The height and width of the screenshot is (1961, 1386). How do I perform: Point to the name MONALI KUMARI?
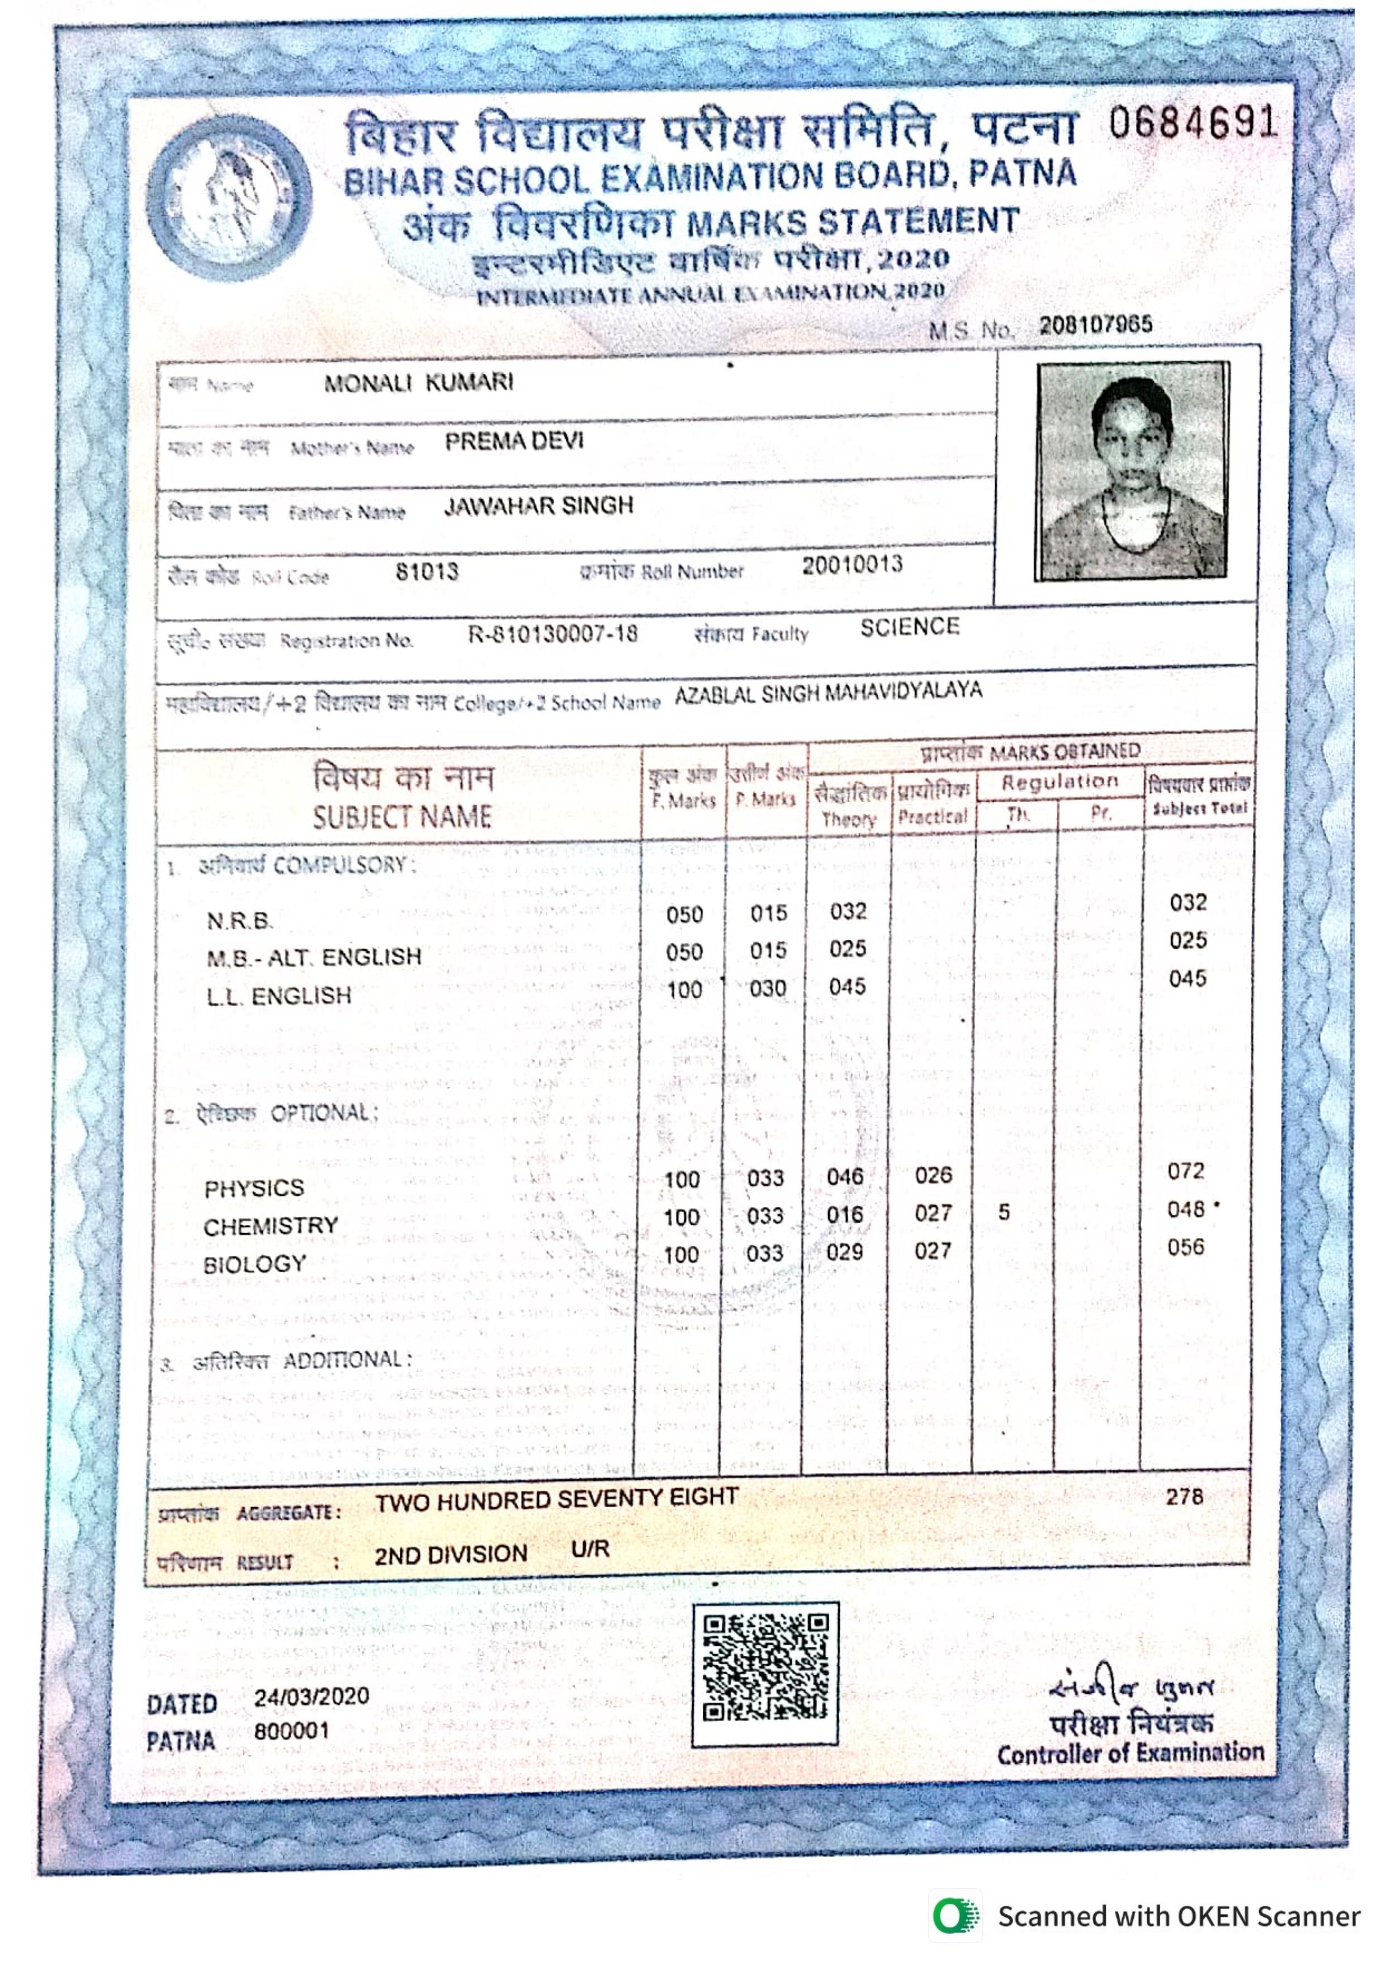coord(418,382)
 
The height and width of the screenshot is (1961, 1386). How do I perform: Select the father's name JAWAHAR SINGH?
coord(538,506)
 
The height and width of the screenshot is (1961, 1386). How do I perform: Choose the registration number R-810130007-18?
coord(552,634)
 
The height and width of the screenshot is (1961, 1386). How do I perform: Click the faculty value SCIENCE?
coord(910,628)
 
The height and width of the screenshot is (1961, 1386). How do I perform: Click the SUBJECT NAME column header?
coord(401,817)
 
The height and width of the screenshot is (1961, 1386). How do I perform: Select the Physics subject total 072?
coord(1185,1171)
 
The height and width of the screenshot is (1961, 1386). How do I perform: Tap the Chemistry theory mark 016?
coord(845,1215)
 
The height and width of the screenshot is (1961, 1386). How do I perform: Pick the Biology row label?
coord(254,1264)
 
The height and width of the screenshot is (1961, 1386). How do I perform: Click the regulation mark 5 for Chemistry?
coord(1004,1212)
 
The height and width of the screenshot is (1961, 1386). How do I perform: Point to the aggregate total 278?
coord(1185,1496)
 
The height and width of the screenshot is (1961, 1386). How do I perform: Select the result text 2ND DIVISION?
coord(450,1555)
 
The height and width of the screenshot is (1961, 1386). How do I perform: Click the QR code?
coord(764,1666)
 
